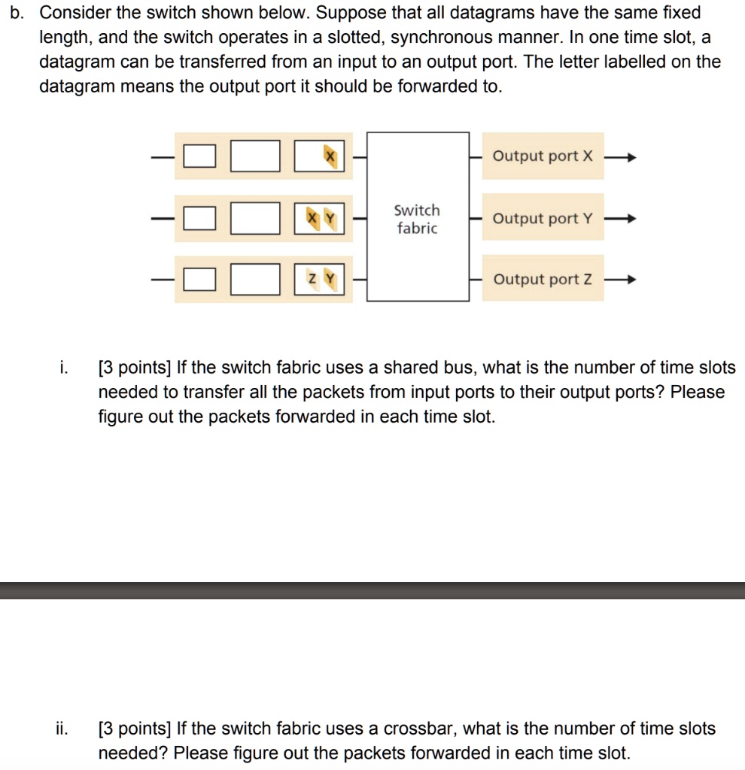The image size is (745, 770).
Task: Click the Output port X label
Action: (543, 156)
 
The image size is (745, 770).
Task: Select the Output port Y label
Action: (543, 219)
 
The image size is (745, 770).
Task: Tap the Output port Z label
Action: (543, 280)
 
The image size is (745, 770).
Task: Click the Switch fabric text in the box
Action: (417, 219)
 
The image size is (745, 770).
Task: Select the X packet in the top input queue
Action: (329, 156)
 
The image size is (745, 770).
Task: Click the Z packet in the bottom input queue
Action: (310, 280)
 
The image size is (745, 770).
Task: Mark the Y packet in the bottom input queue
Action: (330, 280)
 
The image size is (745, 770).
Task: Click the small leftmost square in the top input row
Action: (196, 157)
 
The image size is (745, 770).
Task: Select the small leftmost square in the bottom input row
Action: (196, 280)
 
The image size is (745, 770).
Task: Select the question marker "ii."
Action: (62, 729)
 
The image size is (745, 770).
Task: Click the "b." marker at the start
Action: (21, 13)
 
